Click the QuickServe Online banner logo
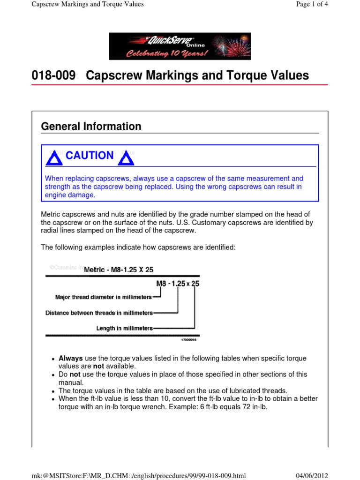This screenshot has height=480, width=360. pyautogui.click(x=180, y=46)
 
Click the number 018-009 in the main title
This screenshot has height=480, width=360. pyautogui.click(x=53, y=75)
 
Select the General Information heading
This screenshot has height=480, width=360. pyautogui.click(x=91, y=126)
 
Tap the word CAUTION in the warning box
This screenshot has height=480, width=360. pyautogui.click(x=90, y=156)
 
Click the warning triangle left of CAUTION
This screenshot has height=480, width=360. pyautogui.click(x=54, y=158)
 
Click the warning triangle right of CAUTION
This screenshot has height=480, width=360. pyautogui.click(x=126, y=158)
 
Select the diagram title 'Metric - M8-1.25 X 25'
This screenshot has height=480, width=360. pyautogui.click(x=119, y=270)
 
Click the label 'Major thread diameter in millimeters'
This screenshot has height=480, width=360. pyautogui.click(x=104, y=297)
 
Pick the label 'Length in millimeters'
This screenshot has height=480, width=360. pyautogui.click(x=125, y=329)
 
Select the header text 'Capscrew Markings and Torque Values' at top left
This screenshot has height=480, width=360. pyautogui.click(x=87, y=4)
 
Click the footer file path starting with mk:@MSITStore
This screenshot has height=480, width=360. pyautogui.click(x=138, y=476)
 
